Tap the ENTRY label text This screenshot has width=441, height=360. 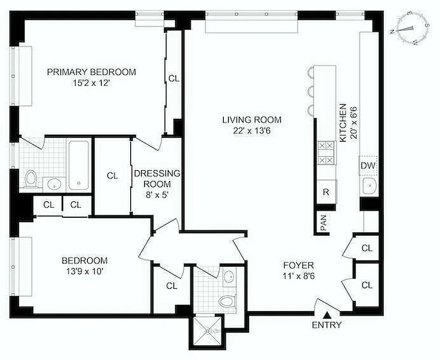(x=327, y=325)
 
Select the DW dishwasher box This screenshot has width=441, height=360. (x=368, y=166)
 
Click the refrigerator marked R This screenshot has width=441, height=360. (x=326, y=192)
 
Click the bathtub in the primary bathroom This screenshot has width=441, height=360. (x=79, y=164)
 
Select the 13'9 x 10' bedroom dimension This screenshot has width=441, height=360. (x=85, y=271)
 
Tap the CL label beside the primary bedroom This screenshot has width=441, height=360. (x=174, y=78)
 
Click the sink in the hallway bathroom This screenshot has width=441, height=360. (x=229, y=275)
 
